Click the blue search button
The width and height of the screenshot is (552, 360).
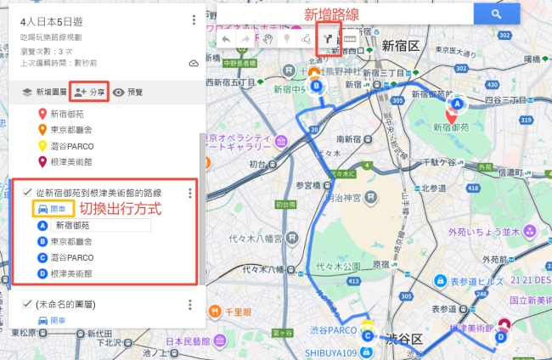pyautogui.click(x=497, y=14)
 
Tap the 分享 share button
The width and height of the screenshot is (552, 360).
pyautogui.click(x=89, y=92)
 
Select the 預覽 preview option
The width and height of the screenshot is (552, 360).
pyautogui.click(x=128, y=92)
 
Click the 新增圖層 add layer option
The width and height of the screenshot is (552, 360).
pyautogui.click(x=43, y=92)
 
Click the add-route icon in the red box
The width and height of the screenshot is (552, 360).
pyautogui.click(x=328, y=39)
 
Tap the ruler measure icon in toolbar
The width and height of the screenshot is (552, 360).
pyautogui.click(x=349, y=39)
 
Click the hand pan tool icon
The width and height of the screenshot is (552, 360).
pyautogui.click(x=267, y=39)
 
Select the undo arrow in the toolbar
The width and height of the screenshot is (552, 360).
pyautogui.click(x=225, y=39)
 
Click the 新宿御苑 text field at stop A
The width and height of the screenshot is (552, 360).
pyautogui.click(x=99, y=226)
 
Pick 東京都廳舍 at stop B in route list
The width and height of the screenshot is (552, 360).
pyautogui.click(x=72, y=242)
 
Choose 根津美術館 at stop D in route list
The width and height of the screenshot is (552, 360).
pyautogui.click(x=72, y=273)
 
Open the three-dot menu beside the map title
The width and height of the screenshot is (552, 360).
pyautogui.click(x=194, y=20)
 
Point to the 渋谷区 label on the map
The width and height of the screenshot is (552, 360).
pyautogui.click(x=404, y=340)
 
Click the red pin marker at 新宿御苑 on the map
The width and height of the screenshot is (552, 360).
pyautogui.click(x=451, y=115)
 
